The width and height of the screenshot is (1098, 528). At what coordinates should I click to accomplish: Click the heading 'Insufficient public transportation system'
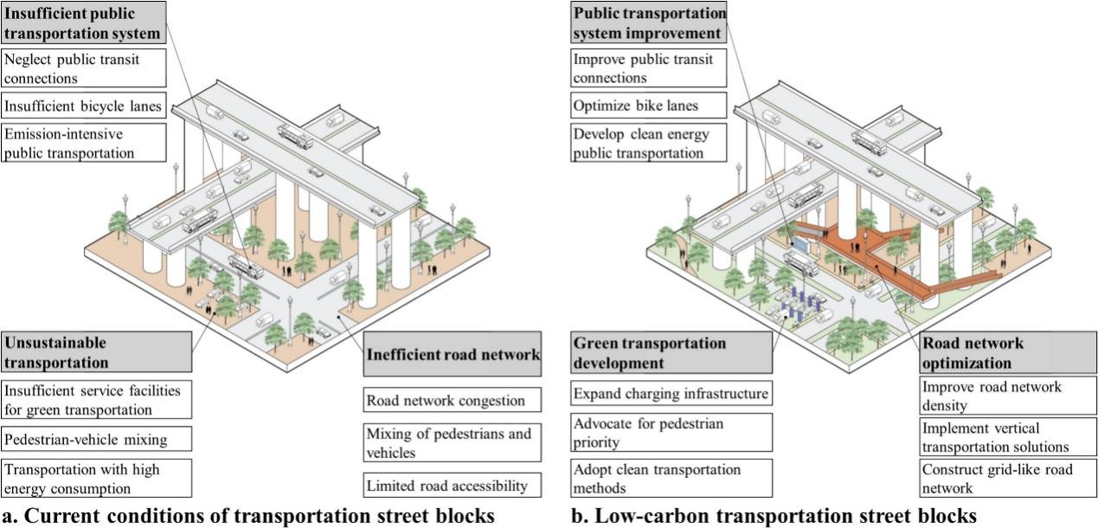[82, 24]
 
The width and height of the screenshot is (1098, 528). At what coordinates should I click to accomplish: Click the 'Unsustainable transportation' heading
[96, 352]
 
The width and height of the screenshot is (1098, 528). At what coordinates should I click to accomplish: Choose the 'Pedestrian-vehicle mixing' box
[96, 439]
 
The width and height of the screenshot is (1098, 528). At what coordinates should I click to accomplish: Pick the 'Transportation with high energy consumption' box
[96, 479]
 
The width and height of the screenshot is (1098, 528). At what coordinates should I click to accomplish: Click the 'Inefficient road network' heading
[453, 354]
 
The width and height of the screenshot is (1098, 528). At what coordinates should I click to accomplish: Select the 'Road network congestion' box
[452, 401]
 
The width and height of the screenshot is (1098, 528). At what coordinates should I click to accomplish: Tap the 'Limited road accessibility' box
[452, 484]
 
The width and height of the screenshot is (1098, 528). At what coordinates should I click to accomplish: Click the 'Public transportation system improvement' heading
[648, 23]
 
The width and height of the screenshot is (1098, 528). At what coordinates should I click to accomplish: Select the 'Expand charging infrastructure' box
[671, 394]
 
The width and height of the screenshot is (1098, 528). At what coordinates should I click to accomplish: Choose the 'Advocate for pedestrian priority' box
[671, 433]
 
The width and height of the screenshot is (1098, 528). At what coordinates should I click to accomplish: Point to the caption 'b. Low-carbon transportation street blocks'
[774, 517]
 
